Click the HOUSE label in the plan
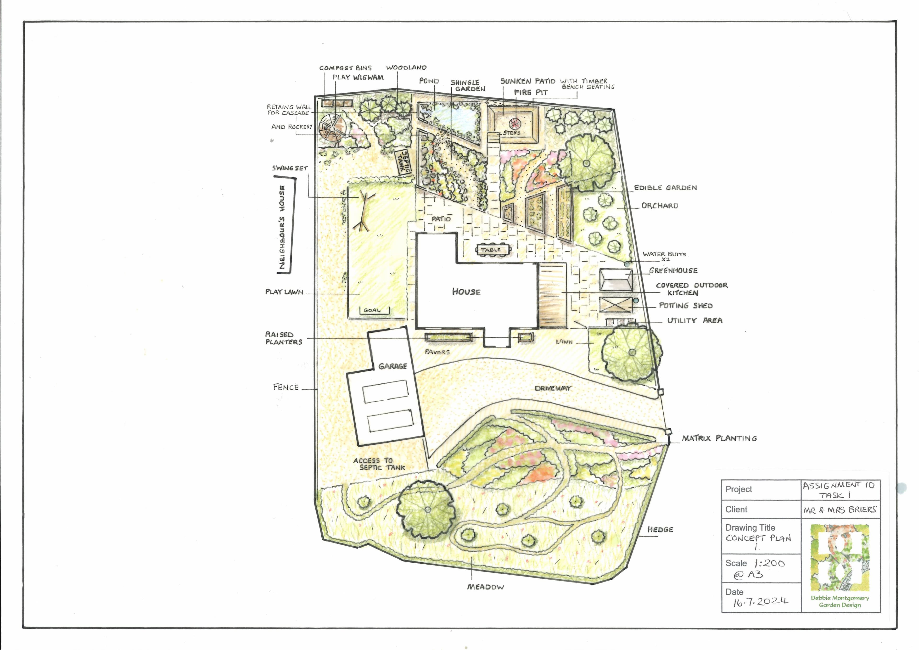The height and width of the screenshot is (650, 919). [x=466, y=292]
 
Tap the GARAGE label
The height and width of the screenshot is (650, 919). [x=393, y=366]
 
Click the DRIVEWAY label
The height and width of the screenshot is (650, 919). [x=553, y=388]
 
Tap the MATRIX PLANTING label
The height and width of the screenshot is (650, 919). [x=719, y=438]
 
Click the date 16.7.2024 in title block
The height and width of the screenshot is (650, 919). [x=761, y=602]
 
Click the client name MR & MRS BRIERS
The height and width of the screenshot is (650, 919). [x=840, y=510]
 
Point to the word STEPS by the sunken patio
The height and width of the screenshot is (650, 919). [x=512, y=133]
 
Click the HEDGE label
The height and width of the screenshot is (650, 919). [x=661, y=530]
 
